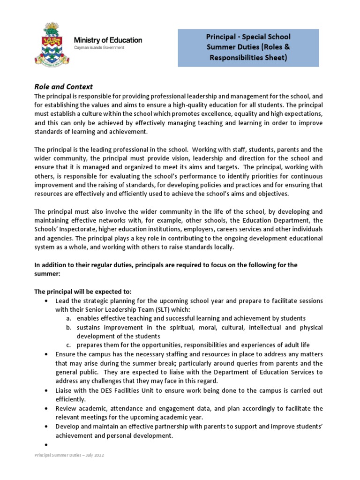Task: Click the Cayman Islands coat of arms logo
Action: click(x=52, y=45)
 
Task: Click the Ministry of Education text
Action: click(x=108, y=40)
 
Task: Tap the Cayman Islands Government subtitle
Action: click(x=99, y=48)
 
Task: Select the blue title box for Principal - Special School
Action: click(x=248, y=47)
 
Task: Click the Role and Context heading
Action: click(x=64, y=87)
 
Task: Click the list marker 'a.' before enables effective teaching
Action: click(x=68, y=318)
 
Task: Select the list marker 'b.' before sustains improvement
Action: click(x=68, y=327)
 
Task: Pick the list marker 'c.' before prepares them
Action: click(x=68, y=345)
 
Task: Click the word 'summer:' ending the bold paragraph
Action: click(x=47, y=274)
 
